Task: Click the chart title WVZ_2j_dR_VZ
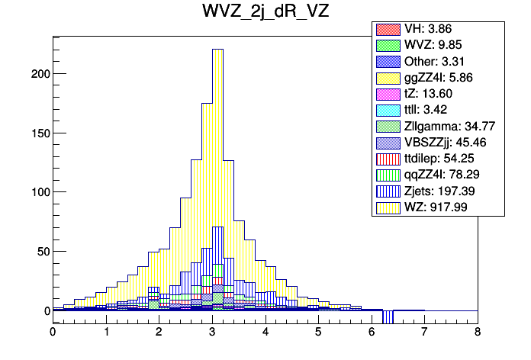tap(265, 14)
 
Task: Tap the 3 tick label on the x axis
tap(212, 333)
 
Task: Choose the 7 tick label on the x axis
tap(424, 333)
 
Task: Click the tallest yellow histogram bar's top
tap(217, 50)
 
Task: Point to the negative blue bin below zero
tap(388, 317)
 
